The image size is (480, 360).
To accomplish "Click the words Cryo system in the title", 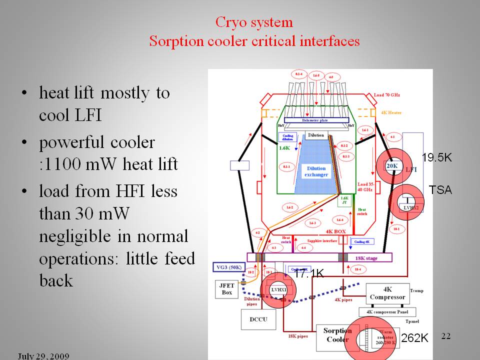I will click(x=254, y=22).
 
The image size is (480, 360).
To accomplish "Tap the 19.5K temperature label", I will click(x=436, y=158).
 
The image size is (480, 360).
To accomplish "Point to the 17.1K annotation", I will click(x=309, y=273).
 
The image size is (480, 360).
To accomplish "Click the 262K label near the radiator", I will click(x=414, y=338).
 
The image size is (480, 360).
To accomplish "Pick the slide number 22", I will click(x=446, y=336).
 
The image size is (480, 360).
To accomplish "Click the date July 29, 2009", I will click(x=43, y=356).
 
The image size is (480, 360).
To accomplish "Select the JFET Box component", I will click(x=227, y=288).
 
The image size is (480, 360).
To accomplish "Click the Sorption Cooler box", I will click(x=337, y=335).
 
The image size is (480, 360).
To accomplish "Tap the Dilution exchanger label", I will click(x=316, y=171).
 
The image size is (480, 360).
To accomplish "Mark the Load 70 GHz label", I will click(x=387, y=95).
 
